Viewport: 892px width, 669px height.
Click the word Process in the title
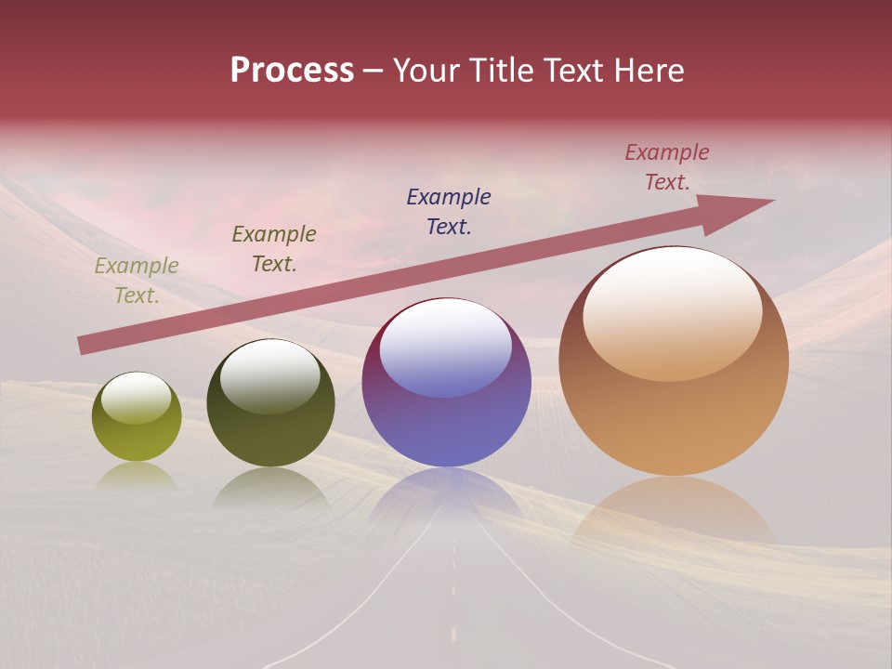pos(292,71)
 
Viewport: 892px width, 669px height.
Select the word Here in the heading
pos(648,71)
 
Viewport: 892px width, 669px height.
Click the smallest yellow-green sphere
pos(137,417)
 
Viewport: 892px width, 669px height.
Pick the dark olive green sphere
pos(270,403)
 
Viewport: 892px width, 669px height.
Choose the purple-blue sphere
pos(447,382)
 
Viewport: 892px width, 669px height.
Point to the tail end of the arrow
pos(84,346)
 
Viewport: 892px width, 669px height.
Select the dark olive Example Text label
pos(274,249)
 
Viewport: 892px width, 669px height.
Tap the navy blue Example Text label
pos(449,212)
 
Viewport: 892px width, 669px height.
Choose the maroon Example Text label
pos(667,167)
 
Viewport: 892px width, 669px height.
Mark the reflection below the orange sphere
pos(674,511)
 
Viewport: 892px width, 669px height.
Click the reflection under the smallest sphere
pos(137,476)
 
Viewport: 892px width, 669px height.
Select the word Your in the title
pos(425,71)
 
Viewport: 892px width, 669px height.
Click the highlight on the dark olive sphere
pos(270,375)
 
